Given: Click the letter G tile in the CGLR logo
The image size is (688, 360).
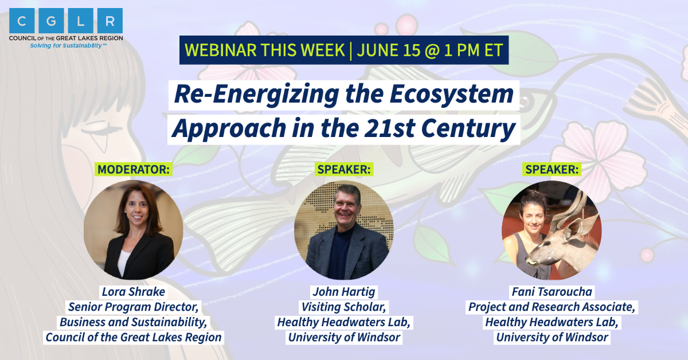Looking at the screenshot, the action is tap(51, 21).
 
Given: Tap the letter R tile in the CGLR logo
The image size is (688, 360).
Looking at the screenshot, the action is tap(110, 21).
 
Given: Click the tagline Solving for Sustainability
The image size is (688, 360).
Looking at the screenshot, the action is tap(68, 46).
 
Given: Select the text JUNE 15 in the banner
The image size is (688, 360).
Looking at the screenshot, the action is tap(389, 50).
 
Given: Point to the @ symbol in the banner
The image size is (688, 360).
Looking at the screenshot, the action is tap(432, 50).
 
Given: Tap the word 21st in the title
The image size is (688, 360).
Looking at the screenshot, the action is tap(390, 128).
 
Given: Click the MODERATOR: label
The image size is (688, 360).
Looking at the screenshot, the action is tap(134, 169).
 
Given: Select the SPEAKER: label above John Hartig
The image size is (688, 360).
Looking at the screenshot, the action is tap(344, 169).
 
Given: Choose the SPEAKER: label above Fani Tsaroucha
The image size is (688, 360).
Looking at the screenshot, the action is tap(552, 169).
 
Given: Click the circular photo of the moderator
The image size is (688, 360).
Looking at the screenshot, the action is tap(133, 230).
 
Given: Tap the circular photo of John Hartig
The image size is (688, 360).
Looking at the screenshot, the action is tap(344, 230).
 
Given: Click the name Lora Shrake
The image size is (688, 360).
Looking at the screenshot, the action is tap(133, 292).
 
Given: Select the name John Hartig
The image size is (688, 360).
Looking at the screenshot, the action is tap(344, 292).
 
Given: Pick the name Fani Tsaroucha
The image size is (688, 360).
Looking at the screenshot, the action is tap(552, 292).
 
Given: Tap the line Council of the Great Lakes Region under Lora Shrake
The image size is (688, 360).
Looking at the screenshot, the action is tap(133, 337).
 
